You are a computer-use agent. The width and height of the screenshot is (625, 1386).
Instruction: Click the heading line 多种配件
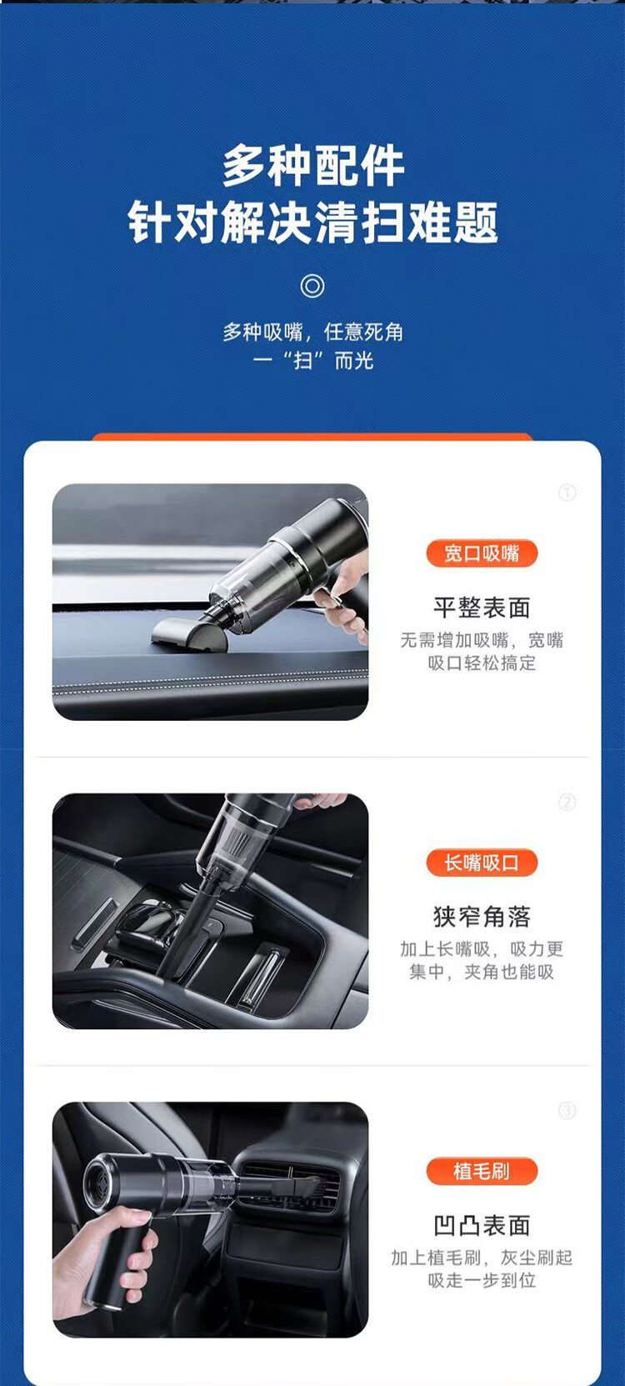pos(313,166)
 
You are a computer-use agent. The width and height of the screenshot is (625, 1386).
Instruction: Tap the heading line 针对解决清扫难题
pos(313,223)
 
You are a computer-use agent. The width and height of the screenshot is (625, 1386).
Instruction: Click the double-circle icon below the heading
pos(312,286)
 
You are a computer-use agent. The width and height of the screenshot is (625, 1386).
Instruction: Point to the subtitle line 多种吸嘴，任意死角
pos(313,333)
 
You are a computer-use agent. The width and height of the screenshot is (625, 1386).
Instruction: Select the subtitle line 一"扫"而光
pos(313,360)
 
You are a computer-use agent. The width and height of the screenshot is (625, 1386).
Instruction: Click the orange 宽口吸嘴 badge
pos(482,553)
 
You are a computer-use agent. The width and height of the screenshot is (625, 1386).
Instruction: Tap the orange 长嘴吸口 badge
pos(482,863)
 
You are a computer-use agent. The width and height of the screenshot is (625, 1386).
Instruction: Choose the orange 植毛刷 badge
pos(482,1171)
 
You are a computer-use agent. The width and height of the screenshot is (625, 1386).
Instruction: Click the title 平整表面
pos(482,608)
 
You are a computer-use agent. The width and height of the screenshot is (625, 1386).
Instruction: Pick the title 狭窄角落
pos(482,917)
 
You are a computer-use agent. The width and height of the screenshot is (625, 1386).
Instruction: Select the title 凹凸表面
pos(482,1226)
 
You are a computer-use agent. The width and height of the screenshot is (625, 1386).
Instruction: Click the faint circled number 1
pos(567,493)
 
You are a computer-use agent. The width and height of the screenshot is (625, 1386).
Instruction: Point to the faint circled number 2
pos(567,802)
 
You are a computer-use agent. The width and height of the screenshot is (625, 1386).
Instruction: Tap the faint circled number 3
pos(567,1111)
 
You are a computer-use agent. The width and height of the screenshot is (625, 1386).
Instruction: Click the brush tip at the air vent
pos(308,1187)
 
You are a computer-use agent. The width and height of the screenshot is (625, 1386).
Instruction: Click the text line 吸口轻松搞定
pos(482,663)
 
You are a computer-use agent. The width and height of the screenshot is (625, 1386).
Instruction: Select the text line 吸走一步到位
pos(482,1280)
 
